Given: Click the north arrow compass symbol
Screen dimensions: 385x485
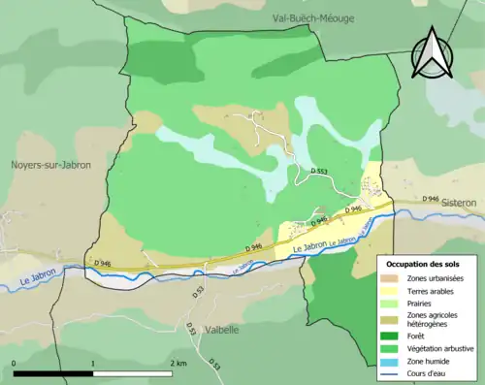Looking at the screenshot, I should tap(431, 52).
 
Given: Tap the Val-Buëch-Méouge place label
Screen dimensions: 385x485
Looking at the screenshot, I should tap(308, 17).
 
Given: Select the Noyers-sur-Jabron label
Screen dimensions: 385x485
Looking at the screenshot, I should tap(52, 165).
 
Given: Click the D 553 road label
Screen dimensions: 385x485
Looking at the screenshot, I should tap(319, 171).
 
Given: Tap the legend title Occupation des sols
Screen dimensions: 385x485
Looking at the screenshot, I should tap(425, 263).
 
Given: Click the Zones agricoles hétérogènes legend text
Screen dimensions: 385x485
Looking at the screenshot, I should tap(433, 320).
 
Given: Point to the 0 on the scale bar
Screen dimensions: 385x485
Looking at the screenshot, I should tap(14, 363).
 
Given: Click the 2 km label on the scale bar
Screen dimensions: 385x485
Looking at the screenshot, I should tap(178, 363).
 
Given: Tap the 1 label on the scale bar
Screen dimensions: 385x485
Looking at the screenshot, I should tap(93, 363).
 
